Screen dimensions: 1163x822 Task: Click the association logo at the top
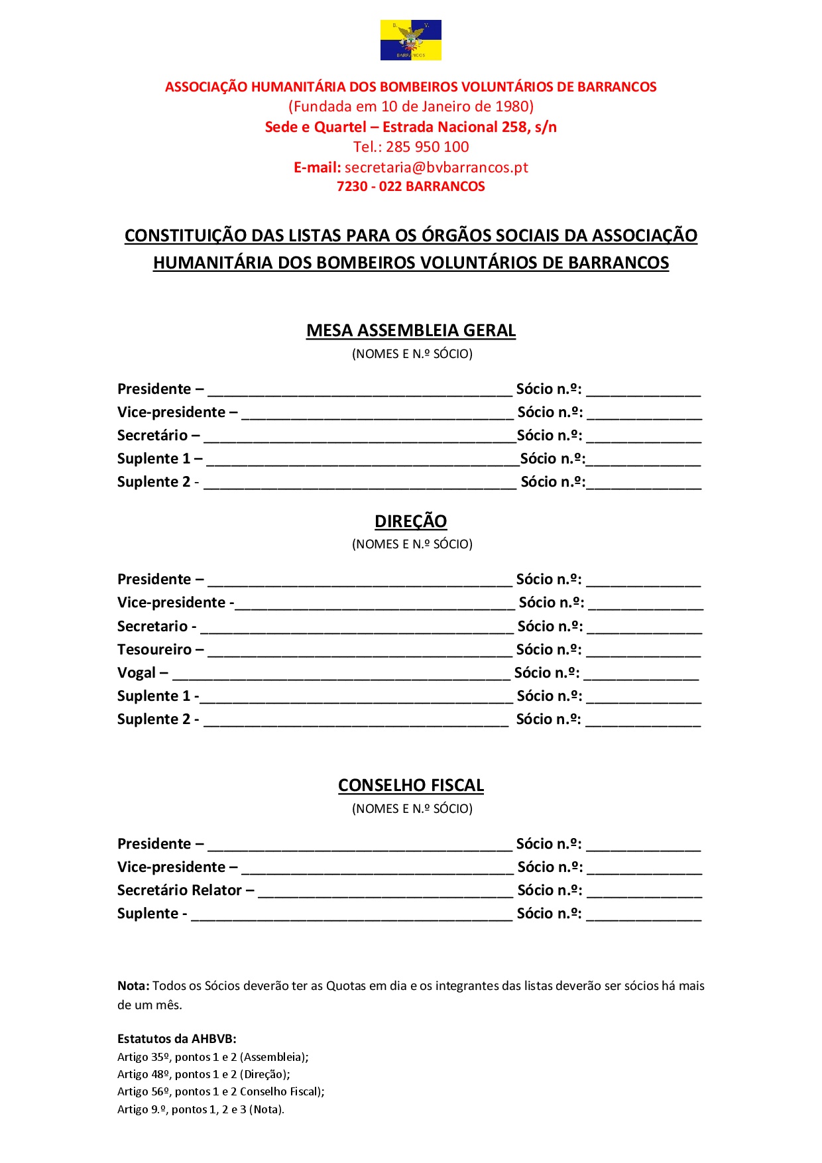coord(410,40)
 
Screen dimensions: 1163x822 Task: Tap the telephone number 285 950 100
coord(427,147)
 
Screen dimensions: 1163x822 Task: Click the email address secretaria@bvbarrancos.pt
coord(436,167)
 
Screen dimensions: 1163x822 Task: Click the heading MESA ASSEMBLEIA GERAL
coord(410,330)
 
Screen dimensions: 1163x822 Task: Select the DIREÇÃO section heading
coord(410,521)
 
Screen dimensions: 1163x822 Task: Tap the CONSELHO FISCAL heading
coord(410,785)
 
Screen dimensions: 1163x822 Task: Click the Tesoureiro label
coord(154,650)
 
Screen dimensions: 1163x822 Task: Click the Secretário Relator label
coord(179,890)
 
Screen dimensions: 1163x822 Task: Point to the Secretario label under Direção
coord(152,627)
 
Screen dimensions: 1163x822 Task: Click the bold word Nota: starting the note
coord(133,986)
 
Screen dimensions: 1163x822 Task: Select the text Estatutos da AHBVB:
coord(176,1039)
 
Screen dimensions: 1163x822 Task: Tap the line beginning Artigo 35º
coord(212,1057)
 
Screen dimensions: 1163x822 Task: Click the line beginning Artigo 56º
coord(220,1091)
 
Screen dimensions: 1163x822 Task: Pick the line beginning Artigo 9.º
coord(200,1109)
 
